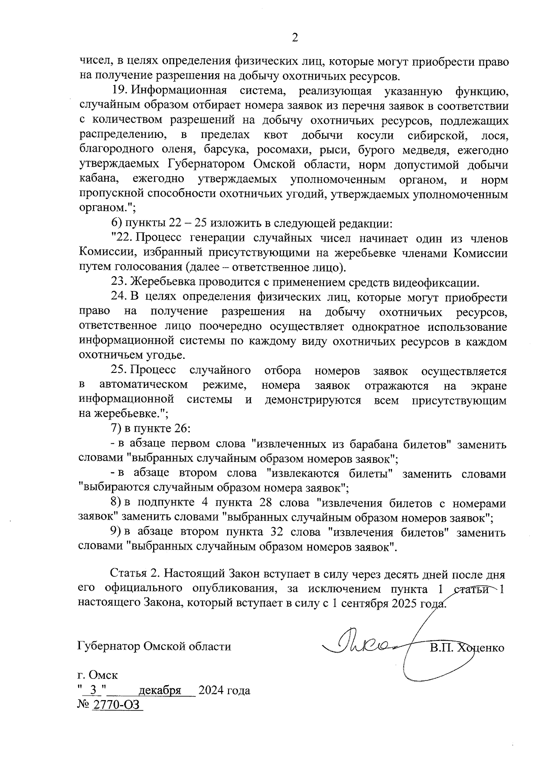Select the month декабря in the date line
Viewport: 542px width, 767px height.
[x=160, y=691]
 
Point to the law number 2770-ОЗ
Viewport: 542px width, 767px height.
[x=117, y=706]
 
